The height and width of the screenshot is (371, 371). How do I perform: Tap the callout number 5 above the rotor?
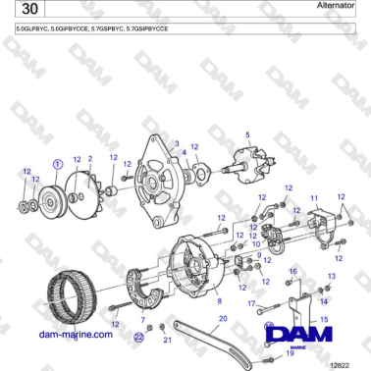coord(247,134)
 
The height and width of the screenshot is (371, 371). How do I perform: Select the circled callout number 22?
coord(138,337)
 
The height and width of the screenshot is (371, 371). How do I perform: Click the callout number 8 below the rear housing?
coord(219,300)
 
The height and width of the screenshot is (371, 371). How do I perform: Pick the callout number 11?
coord(314,198)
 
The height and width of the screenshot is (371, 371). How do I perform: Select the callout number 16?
coord(291,270)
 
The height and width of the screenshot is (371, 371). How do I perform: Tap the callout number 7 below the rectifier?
coord(142,320)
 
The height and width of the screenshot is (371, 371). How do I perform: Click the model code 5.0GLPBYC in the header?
coord(34,30)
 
